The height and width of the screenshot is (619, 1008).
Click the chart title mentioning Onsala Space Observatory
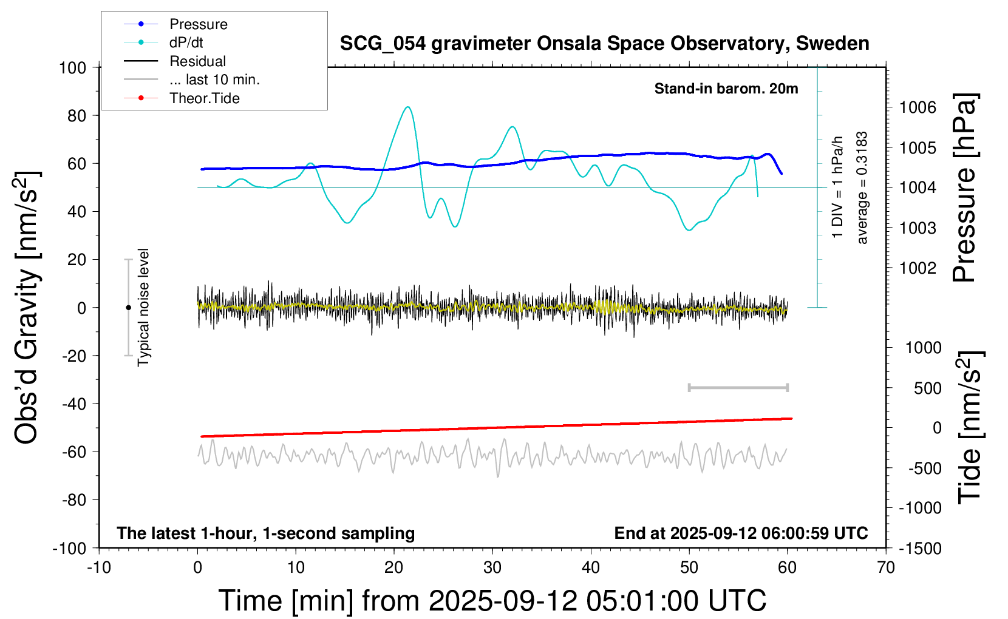[x=604, y=44]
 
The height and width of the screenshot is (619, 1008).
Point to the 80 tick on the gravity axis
[x=77, y=115]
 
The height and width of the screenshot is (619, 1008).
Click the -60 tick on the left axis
[x=74, y=452]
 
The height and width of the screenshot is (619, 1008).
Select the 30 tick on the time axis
[x=492, y=568]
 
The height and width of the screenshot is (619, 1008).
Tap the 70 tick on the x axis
[x=886, y=568]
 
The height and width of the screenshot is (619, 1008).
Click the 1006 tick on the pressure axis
[x=918, y=107]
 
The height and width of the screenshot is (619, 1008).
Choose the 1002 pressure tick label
[x=918, y=268]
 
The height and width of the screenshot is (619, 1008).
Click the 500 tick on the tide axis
[x=927, y=388]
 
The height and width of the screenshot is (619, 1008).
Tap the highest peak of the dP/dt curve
[x=407, y=107]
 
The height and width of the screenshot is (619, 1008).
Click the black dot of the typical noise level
[x=128, y=308]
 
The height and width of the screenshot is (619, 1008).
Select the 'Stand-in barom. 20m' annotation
[x=726, y=89]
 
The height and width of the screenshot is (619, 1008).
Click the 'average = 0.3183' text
[x=862, y=188]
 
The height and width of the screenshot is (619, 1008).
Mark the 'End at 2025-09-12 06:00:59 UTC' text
[x=741, y=533]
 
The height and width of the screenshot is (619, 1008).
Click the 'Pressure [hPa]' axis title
[x=964, y=188]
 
